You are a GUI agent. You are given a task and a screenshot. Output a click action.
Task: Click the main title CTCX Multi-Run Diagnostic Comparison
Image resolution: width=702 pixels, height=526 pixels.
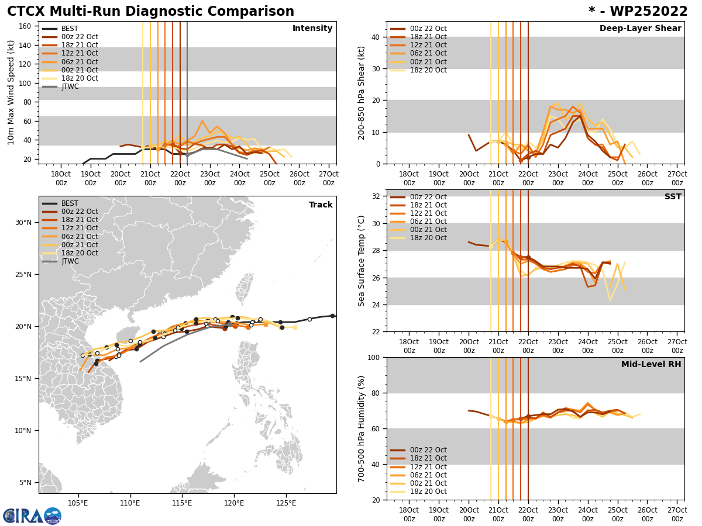(150, 12)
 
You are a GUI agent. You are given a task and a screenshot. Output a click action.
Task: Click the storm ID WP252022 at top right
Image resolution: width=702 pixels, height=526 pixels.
(638, 12)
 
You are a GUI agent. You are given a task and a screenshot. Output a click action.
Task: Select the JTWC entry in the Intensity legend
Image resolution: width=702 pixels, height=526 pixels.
(70, 86)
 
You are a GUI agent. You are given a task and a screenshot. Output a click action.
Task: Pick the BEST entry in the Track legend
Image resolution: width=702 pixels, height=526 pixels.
(70, 203)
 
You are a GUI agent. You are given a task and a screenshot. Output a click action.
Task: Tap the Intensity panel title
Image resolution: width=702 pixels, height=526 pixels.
(312, 29)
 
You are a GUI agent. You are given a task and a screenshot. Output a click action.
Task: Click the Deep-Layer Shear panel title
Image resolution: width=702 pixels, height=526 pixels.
(640, 29)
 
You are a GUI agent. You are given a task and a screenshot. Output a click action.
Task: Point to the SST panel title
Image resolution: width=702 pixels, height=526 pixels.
(673, 197)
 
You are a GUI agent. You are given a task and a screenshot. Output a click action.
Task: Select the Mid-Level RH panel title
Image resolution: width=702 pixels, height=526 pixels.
(651, 365)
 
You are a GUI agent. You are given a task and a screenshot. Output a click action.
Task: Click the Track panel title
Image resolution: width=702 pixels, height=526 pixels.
(321, 205)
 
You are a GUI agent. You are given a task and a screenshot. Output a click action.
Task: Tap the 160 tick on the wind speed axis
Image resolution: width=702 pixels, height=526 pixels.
(26, 26)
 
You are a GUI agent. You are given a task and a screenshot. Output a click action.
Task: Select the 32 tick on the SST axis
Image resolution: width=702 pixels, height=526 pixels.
(377, 196)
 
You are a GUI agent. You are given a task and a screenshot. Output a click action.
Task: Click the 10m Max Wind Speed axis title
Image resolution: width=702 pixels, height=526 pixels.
(11, 92)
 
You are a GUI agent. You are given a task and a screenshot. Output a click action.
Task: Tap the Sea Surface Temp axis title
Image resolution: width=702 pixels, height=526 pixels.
(362, 261)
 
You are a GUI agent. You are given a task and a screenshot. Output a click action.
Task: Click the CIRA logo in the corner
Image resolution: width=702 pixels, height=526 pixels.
(32, 515)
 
